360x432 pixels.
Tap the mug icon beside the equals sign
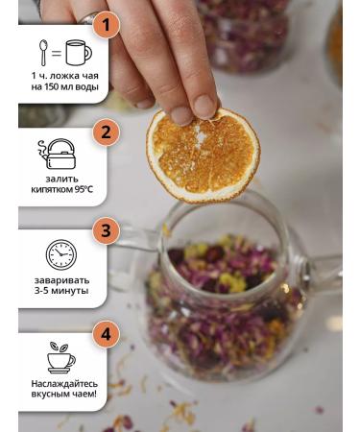click(78, 53)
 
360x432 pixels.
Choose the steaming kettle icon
click(59, 155)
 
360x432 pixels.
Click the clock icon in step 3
click(61, 255)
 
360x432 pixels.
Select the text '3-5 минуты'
click(61, 290)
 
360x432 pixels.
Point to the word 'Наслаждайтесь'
click(61, 382)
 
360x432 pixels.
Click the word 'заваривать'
click(61, 279)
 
